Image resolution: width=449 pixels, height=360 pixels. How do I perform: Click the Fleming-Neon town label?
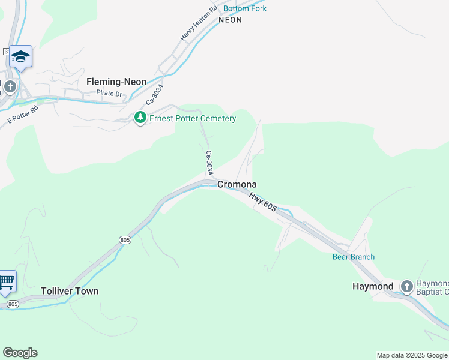tap(116, 82)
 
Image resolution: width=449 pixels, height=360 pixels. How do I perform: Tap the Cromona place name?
tap(237, 184)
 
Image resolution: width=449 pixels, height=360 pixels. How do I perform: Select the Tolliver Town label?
tap(70, 291)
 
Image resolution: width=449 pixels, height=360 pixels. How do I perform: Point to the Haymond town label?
tap(373, 286)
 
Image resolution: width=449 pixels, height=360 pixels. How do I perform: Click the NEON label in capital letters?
tap(230, 20)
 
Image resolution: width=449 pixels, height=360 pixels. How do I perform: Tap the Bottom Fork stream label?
tap(245, 8)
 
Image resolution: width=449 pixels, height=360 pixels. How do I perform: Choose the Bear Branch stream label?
tap(354, 257)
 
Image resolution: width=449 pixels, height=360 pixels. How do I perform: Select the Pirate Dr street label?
tap(109, 94)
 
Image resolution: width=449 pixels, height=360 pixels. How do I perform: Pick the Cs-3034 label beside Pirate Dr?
tap(154, 95)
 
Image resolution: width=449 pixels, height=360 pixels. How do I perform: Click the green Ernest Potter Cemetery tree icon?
tap(140, 118)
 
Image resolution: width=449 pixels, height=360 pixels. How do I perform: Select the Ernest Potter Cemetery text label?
tap(193, 118)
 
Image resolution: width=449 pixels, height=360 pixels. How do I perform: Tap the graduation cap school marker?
tap(20, 56)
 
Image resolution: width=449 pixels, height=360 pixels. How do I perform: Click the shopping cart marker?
tap(6, 281)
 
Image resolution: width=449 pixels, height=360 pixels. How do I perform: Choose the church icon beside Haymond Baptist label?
tap(406, 286)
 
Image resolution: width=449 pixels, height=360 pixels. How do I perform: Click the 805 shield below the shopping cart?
tap(13, 304)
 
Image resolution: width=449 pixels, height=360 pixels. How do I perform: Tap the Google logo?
tap(20, 353)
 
